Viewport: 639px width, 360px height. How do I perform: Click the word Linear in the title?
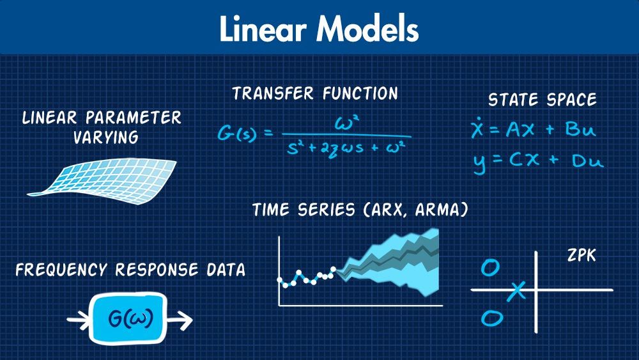click(263, 29)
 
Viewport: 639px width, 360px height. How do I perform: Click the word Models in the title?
click(368, 29)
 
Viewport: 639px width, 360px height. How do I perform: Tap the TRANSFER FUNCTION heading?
click(315, 93)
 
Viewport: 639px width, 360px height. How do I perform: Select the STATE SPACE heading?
click(543, 100)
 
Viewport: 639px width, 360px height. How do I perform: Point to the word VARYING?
click(106, 137)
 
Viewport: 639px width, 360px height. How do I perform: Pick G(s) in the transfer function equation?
click(237, 133)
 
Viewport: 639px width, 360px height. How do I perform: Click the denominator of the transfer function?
click(346, 148)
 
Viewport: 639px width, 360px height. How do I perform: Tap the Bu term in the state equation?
click(580, 129)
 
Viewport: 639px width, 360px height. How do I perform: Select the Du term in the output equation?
click(587, 160)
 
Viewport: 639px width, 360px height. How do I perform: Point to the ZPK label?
click(581, 256)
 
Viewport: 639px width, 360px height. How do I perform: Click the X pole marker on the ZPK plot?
click(517, 291)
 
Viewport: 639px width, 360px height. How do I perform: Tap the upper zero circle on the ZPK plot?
click(490, 268)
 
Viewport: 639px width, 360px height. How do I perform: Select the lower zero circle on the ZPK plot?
click(492, 318)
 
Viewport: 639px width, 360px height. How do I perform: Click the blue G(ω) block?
click(128, 318)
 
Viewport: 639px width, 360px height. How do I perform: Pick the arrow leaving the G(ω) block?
click(180, 320)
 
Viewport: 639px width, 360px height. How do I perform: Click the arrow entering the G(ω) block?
click(78, 320)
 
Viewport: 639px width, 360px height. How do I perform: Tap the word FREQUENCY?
click(61, 270)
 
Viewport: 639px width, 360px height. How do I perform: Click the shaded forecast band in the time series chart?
click(391, 261)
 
